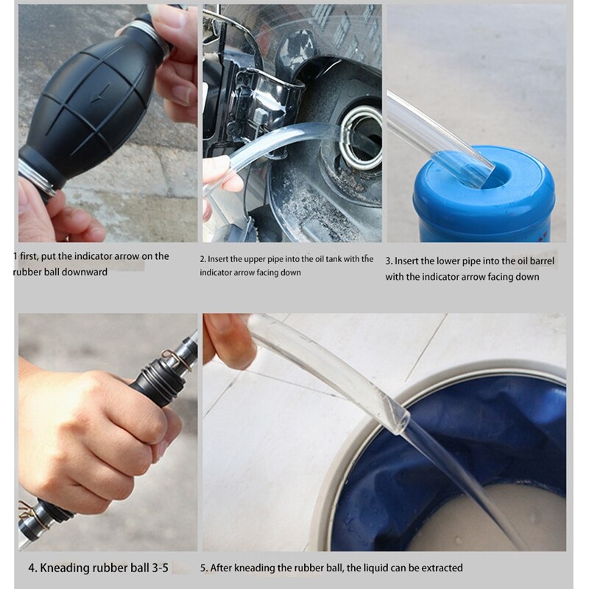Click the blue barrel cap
pos(483,195)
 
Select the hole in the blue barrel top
pos(492,174)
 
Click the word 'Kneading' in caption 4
pos(68,568)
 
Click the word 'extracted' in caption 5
pos(440,568)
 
